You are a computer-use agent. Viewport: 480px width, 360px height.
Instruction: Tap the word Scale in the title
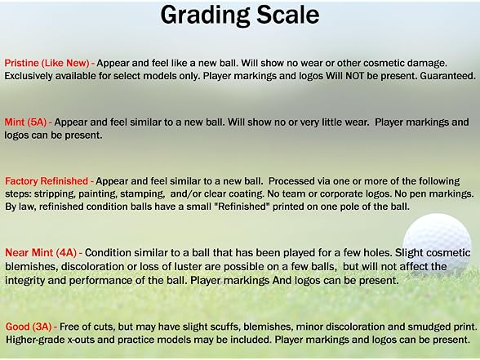(288, 15)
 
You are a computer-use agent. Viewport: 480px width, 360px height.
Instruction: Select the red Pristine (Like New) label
(47, 63)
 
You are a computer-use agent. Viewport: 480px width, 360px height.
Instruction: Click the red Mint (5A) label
(25, 122)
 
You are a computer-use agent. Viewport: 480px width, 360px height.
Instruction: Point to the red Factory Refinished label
(47, 181)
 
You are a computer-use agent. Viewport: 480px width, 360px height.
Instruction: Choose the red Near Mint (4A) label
(41, 253)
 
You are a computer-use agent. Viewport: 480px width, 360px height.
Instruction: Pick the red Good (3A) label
(29, 327)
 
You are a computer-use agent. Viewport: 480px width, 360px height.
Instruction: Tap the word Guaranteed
(447, 76)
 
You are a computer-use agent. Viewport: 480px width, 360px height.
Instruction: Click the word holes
(377, 253)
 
